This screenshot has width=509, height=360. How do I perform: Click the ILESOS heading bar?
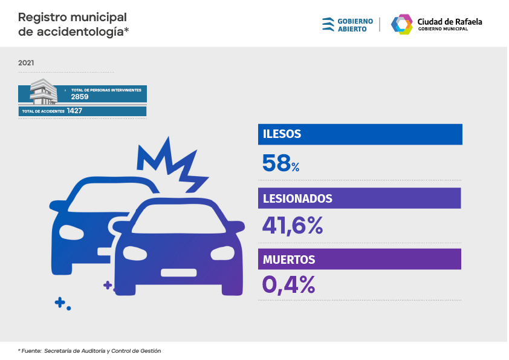coord(360,134)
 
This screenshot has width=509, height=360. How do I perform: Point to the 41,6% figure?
coord(293,225)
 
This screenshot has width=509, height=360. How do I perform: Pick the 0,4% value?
coord(288,284)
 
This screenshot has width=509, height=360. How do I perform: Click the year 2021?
coord(26,63)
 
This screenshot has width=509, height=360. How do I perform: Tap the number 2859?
coord(80,97)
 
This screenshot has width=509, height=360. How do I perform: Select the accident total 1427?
coord(75,111)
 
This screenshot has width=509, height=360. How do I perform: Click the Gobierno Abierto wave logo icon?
coord(328,24)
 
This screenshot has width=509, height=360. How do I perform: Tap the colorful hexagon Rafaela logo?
coord(401,24)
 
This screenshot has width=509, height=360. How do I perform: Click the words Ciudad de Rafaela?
coord(450,21)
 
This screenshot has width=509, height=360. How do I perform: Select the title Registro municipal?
coord(73,17)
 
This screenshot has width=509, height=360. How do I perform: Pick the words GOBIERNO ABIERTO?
coord(355,25)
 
